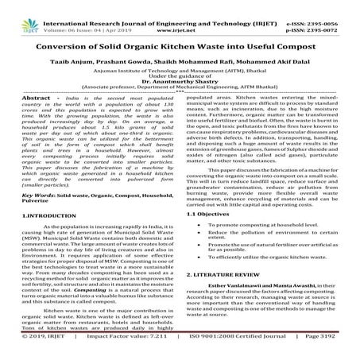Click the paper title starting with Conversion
(180, 33)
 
